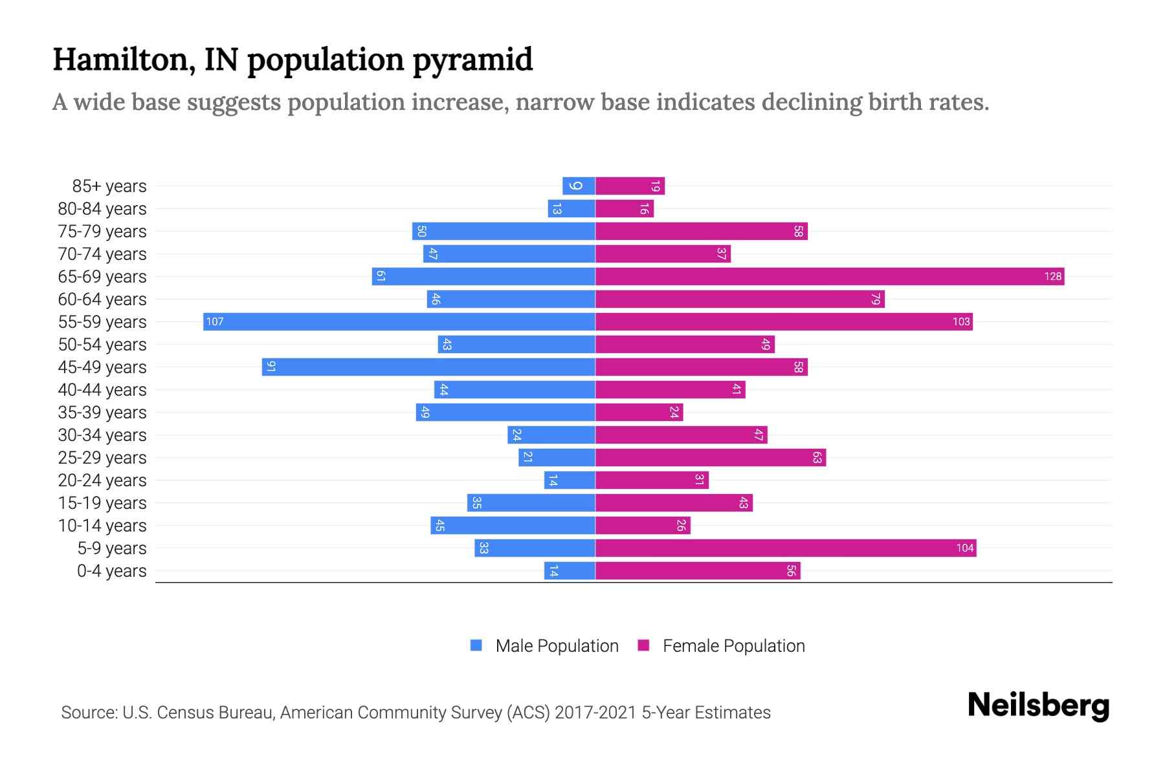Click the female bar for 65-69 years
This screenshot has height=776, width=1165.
coord(828,277)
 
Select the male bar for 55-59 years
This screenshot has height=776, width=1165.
coord(399,322)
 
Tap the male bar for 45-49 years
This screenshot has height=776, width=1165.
coord(428,367)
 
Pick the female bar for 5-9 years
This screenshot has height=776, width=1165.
coord(785,548)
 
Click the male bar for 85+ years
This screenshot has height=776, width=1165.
coord(579,186)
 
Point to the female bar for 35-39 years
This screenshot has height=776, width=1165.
coord(639,413)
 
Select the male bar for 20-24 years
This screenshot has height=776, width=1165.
coord(570,480)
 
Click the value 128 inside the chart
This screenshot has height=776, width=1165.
coord(1052,277)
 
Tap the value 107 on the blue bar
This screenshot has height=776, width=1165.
coord(215,322)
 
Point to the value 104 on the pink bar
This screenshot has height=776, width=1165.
coord(964,548)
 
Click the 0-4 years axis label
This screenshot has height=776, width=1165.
coord(111,571)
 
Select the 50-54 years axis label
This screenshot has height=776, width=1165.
coord(102,345)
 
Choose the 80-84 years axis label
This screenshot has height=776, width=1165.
coord(102,209)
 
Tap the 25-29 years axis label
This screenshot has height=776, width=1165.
coord(102,458)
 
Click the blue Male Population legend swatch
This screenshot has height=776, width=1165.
coord(476,645)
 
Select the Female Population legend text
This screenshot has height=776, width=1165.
coord(733,646)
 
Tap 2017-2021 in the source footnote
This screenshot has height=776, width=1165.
coord(595,713)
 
